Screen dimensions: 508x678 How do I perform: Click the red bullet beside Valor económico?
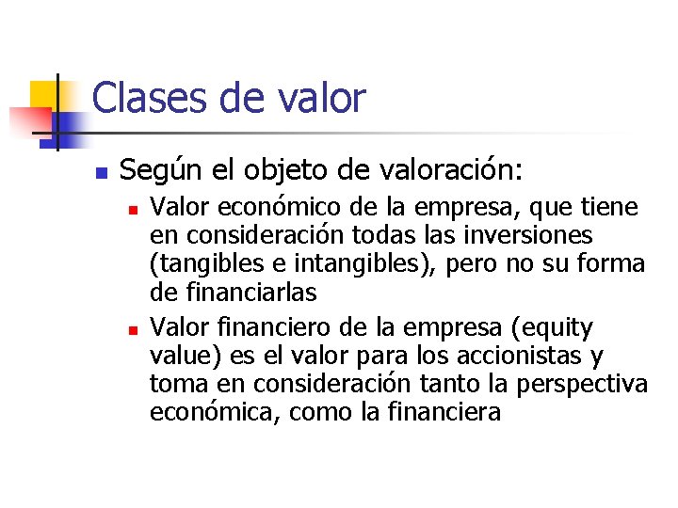tap(135, 208)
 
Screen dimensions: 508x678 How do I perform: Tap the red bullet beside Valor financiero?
tap(135, 330)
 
